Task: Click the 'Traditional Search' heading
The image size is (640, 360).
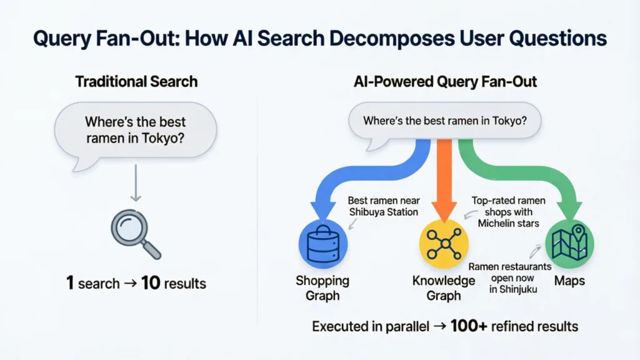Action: [136, 81]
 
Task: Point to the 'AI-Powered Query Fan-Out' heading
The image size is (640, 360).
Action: [444, 81]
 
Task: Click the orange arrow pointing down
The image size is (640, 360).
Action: [444, 181]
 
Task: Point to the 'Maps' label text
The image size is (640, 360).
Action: [569, 281]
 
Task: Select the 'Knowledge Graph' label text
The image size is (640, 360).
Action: [444, 288]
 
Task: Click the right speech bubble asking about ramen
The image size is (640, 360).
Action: [444, 121]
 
